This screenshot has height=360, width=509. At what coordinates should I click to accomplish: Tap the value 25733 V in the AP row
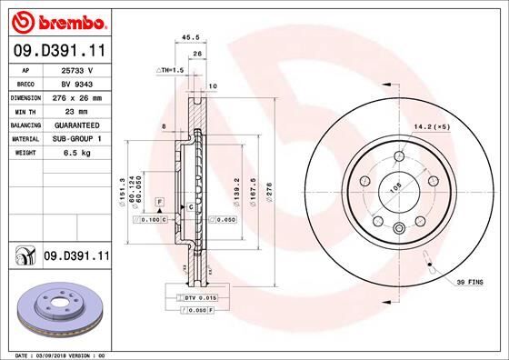(x=78, y=70)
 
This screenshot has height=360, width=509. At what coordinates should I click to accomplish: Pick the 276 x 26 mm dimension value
(x=78, y=96)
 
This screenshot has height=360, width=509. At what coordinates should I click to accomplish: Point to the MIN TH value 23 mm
(x=78, y=110)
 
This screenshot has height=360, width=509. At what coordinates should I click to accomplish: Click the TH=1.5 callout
(x=170, y=69)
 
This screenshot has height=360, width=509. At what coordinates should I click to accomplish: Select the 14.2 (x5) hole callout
(x=430, y=126)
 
